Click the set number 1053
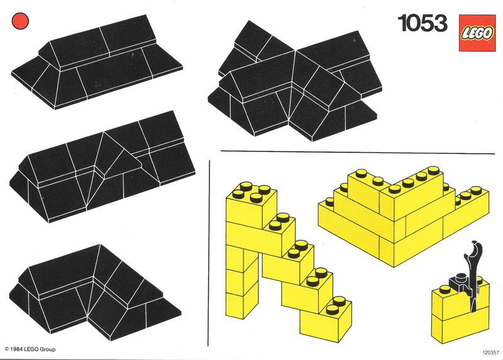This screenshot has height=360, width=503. click(x=422, y=23)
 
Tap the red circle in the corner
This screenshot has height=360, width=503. click(x=20, y=21)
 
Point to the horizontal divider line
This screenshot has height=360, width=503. click(x=355, y=151)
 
